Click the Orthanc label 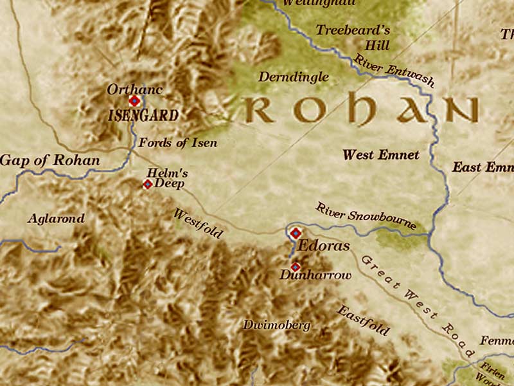point(134,89)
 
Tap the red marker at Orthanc point(134,101)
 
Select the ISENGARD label point(143,116)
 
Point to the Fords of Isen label point(178,143)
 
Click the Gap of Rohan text point(50,160)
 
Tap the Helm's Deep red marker point(147,185)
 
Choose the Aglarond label point(56,219)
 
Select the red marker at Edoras point(296,233)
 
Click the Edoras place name point(324,246)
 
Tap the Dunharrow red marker point(295,266)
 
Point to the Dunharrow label point(315,275)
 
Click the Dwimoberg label point(276,325)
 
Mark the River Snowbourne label point(366,217)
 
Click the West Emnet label point(381,155)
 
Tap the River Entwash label point(394,71)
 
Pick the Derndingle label point(292,77)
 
